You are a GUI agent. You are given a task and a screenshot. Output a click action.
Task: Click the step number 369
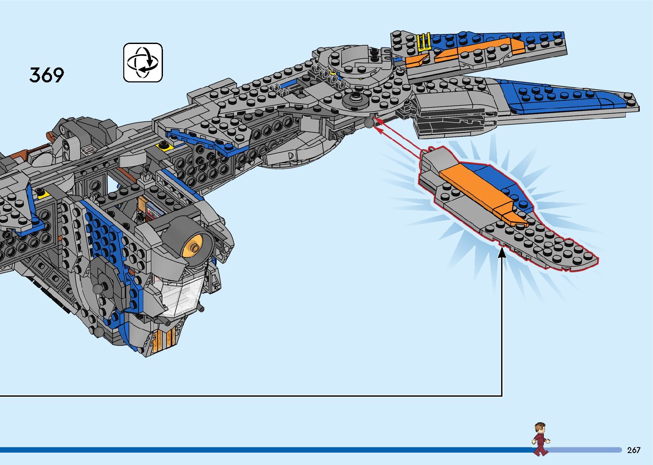pos(46,75)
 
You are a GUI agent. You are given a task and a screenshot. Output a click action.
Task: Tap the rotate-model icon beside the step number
pos(143,62)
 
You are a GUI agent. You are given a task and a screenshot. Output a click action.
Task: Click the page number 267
pos(634,450)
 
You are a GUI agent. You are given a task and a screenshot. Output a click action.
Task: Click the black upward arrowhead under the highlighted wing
pos(502,253)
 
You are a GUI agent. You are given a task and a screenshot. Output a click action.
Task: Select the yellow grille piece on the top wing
pos(424,42)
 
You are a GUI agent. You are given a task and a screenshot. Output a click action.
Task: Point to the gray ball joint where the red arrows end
pos(369,123)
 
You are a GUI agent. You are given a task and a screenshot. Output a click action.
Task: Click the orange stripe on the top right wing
pos(467,52)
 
